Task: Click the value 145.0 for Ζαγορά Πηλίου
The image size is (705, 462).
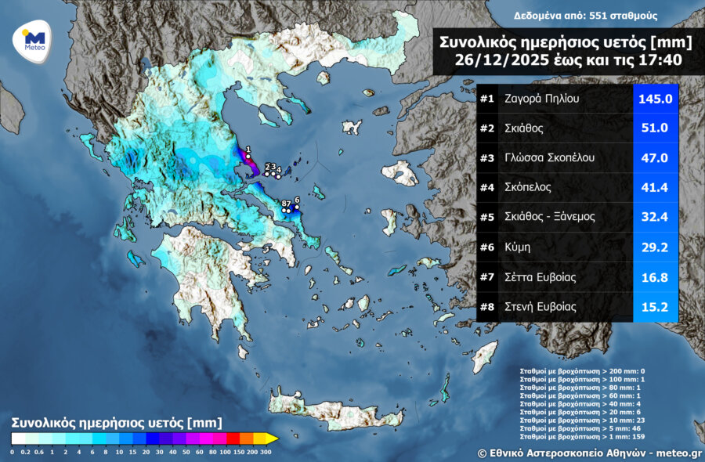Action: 655,99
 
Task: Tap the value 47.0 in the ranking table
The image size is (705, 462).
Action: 655,158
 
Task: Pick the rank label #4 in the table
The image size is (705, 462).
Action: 487,188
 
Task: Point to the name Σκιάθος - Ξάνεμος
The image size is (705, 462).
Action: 551,218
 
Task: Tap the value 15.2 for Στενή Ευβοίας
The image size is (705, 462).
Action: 655,307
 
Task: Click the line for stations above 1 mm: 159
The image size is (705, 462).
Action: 582,437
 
